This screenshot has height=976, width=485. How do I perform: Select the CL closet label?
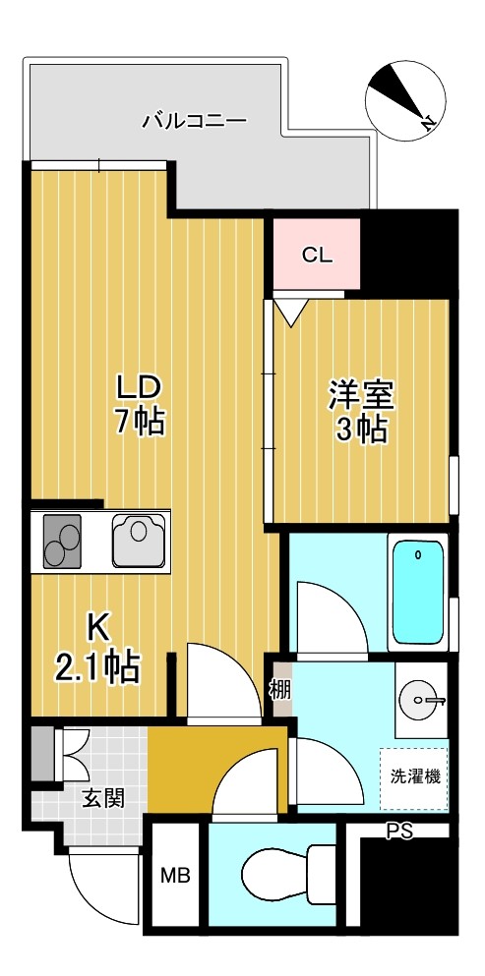click(317, 256)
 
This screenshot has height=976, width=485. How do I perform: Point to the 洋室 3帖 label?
click(360, 412)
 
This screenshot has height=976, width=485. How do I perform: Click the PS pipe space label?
click(399, 833)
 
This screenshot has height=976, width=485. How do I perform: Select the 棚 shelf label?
click(280, 689)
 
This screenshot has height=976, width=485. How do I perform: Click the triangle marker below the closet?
click(289, 312)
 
